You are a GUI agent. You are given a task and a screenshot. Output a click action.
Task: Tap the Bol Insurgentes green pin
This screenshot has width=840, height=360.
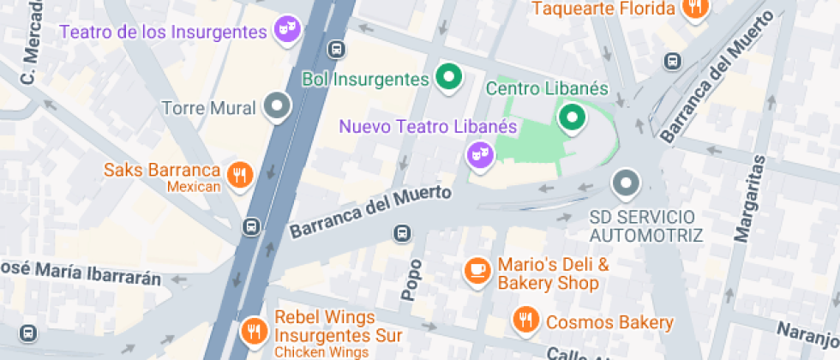447,77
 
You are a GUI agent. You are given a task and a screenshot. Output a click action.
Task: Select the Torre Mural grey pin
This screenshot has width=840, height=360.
276,106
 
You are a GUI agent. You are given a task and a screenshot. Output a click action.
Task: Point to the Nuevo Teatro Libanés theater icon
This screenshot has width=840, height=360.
478,154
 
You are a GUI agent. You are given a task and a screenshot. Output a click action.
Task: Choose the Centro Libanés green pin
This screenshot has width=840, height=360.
571,117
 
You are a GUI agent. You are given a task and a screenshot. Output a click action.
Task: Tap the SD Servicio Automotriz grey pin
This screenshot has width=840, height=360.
627,183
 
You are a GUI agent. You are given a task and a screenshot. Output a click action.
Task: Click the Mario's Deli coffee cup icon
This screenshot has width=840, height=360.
476,271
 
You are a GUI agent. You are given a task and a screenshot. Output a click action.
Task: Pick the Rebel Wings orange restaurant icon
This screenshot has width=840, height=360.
253,329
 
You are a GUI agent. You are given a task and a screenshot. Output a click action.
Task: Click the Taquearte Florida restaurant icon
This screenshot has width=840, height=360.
694,8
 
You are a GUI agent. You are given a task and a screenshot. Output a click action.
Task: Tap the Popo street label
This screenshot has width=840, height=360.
411,279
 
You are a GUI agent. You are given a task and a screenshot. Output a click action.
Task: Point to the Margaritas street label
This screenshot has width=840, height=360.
747,197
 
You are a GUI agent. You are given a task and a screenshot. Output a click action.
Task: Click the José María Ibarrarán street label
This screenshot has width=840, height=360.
81,273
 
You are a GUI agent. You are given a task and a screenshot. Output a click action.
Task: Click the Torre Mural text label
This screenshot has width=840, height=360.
208,108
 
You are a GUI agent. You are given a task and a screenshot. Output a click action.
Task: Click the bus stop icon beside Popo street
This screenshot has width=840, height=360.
401,232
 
